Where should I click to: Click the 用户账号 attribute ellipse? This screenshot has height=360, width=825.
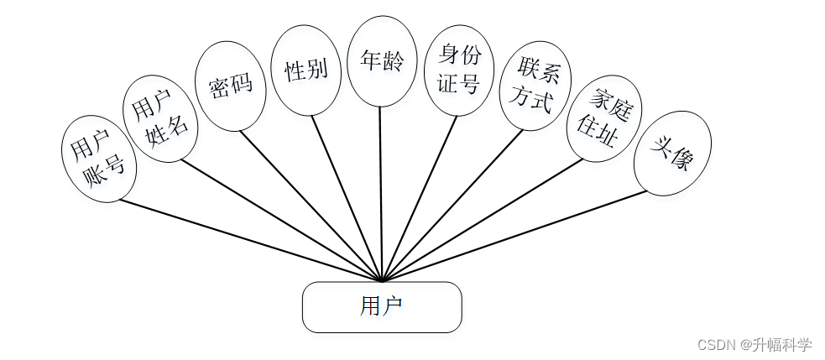(99, 158)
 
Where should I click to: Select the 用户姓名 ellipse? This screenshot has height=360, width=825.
(161, 118)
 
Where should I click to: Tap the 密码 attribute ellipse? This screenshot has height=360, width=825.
(230, 86)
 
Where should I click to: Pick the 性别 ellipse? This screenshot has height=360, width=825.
(306, 70)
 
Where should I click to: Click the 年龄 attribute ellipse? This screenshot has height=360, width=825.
(382, 61)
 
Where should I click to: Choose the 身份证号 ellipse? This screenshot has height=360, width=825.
(459, 70)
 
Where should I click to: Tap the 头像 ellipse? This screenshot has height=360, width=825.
(672, 153)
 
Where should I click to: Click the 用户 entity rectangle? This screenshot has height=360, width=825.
(382, 307)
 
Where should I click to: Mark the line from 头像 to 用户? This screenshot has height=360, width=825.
(514, 237)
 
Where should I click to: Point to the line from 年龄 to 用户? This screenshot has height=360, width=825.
(381, 193)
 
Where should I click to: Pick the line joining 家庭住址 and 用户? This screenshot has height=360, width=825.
(482, 221)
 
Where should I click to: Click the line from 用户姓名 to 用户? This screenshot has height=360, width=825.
(281, 220)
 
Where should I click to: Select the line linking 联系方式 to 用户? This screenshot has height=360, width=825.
(452, 206)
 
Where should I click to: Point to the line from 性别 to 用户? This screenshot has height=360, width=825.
(347, 198)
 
